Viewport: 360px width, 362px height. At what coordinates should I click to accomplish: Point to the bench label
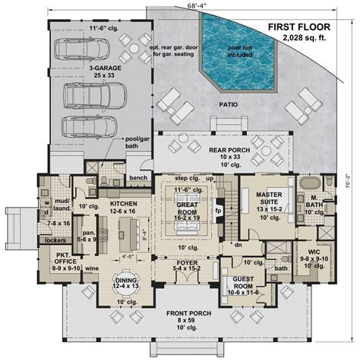pos(138,178)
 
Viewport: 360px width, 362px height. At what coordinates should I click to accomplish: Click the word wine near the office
pos(91,268)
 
